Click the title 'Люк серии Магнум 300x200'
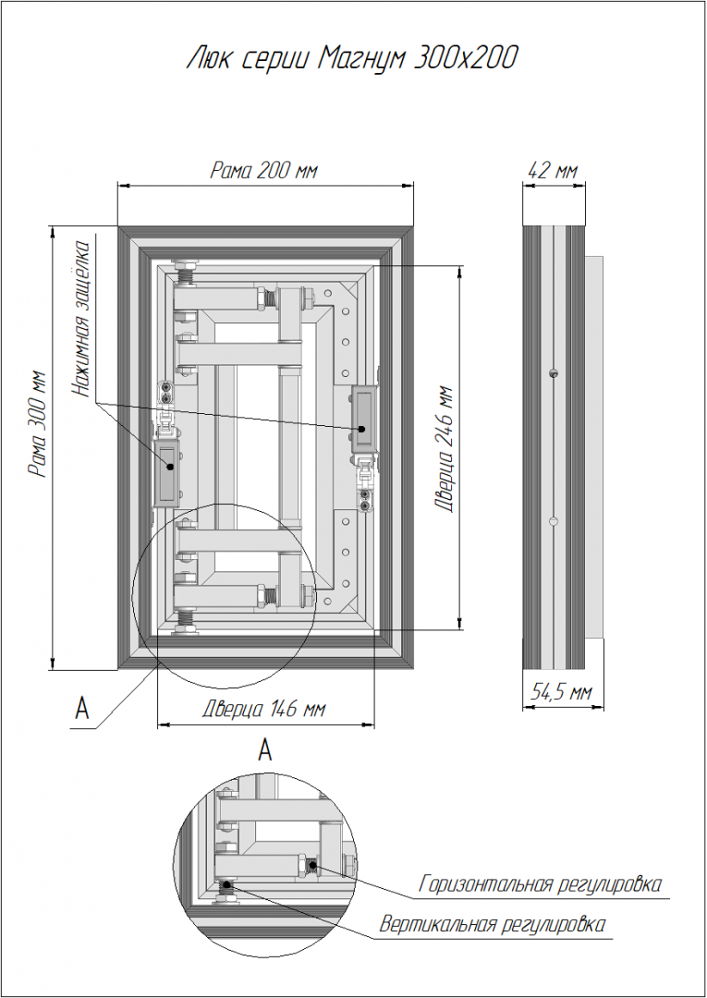[x=351, y=59]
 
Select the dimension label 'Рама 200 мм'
[x=265, y=171]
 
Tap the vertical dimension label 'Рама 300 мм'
[x=38, y=424]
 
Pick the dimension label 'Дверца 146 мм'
[x=264, y=710]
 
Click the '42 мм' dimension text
[x=553, y=171]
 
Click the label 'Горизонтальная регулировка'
[x=541, y=884]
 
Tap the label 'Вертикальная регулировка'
[x=494, y=924]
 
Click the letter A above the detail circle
[x=265, y=749]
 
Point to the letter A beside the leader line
[x=82, y=709]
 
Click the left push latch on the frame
[x=167, y=466]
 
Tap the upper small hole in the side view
[x=552, y=373]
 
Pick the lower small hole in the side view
[x=552, y=522]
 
